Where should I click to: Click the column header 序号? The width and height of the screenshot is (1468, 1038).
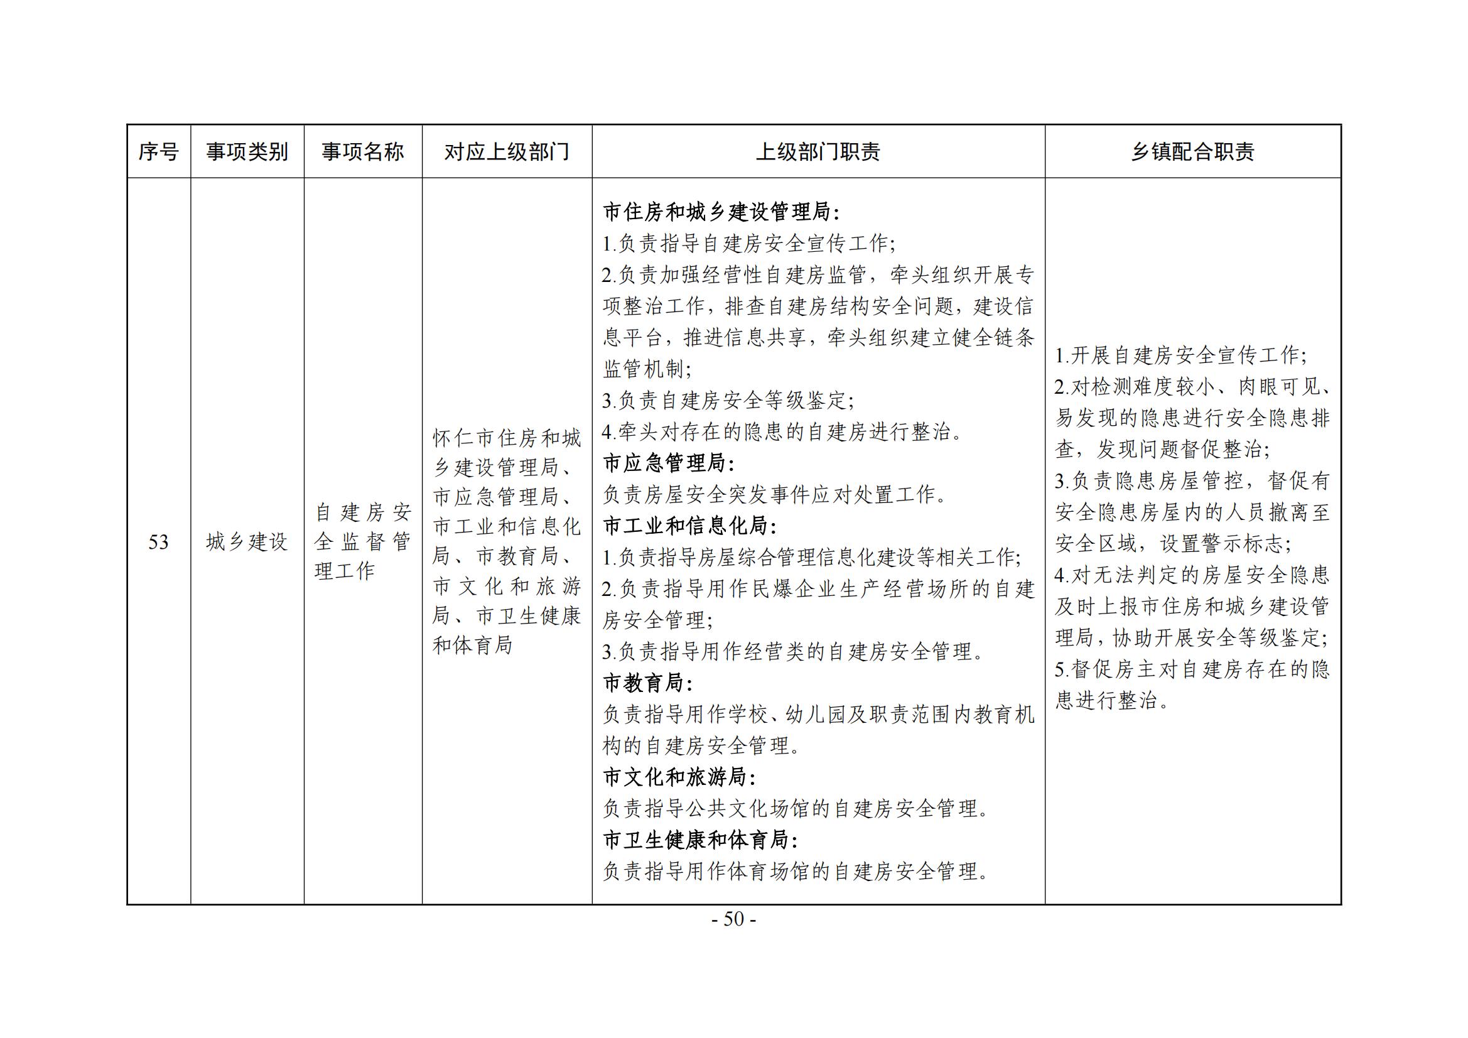pyautogui.click(x=159, y=152)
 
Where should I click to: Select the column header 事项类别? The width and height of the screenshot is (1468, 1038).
pyautogui.click(x=247, y=152)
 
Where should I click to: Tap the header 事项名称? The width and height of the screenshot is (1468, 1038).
pyautogui.click(x=362, y=152)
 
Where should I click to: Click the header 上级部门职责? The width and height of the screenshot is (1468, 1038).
pyautogui.click(x=818, y=152)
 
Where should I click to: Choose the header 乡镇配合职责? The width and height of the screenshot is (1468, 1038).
pyautogui.click(x=1192, y=152)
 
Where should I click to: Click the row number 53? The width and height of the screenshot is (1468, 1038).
pyautogui.click(x=159, y=543)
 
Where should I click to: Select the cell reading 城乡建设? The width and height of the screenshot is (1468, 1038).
pyautogui.click(x=247, y=543)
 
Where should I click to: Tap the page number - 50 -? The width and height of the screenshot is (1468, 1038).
pyautogui.click(x=734, y=920)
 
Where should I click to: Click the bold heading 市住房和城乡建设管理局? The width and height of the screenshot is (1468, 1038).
pyautogui.click(x=721, y=212)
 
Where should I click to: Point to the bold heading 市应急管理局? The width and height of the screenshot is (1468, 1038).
pyautogui.click(x=669, y=463)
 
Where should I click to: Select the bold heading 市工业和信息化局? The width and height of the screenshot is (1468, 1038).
pyautogui.click(x=689, y=526)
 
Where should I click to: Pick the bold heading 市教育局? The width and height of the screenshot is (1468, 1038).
pyautogui.click(x=648, y=683)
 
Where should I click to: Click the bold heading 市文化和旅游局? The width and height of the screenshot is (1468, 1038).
pyautogui.click(x=679, y=777)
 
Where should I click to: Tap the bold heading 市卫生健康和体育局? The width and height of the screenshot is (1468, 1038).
pyautogui.click(x=700, y=840)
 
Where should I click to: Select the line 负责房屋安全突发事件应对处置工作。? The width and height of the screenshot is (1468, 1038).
pyautogui.click(x=775, y=494)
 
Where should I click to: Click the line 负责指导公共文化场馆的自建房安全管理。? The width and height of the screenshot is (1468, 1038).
pyautogui.click(x=797, y=809)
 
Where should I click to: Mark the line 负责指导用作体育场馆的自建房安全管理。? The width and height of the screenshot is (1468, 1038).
pyautogui.click(x=797, y=872)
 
